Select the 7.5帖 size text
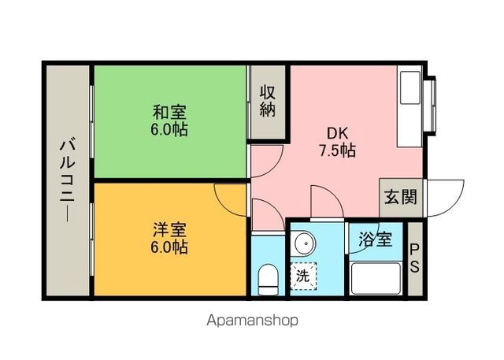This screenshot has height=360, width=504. [338, 149]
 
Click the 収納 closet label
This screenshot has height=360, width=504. [268, 101]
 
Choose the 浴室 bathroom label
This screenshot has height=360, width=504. [376, 239]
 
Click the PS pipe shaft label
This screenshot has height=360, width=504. [414, 258]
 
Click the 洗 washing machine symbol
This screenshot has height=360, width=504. [302, 276]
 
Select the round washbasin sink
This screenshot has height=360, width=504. [304, 243]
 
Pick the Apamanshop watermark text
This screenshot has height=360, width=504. [252, 321]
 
